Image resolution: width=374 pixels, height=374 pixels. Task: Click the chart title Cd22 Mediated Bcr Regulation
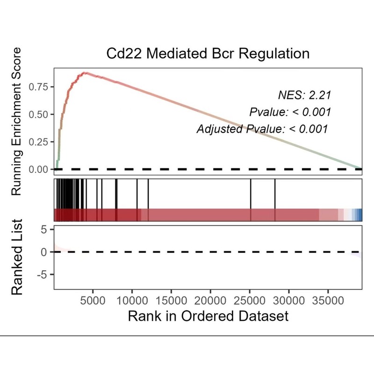pyautogui.click(x=208, y=53)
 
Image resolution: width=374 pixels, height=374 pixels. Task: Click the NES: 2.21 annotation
pyautogui.click(x=304, y=96)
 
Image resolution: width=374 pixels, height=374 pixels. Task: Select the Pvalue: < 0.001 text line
pyautogui.click(x=290, y=112)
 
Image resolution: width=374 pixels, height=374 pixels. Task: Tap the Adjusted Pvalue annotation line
pyautogui.click(x=262, y=129)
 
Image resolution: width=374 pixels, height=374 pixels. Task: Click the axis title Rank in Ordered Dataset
pyautogui.click(x=208, y=316)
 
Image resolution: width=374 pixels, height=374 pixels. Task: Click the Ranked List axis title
pyautogui.click(x=17, y=257)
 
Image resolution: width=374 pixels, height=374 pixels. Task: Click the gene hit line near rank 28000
pyautogui.click(x=275, y=194)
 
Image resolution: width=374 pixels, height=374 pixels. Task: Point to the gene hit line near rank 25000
pyautogui.click(x=251, y=194)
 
